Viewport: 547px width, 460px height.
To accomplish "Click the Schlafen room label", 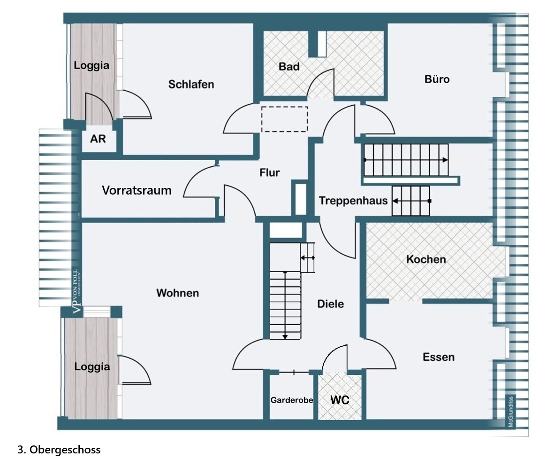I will [191, 85].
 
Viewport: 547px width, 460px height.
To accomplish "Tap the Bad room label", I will [289, 67].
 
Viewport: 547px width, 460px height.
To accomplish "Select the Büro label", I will [437, 79].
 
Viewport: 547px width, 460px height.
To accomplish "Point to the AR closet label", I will [98, 139].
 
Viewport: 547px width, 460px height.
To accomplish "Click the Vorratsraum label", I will [137, 191].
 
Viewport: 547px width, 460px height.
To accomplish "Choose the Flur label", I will [270, 173].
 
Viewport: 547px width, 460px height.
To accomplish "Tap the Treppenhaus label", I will [353, 201].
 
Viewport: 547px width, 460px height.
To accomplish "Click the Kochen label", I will [426, 259].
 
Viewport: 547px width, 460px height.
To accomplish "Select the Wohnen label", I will [177, 293].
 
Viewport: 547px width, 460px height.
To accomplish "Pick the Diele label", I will [330, 304].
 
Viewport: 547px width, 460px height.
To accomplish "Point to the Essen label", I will [439, 357].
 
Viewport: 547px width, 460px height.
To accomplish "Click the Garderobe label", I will [292, 400].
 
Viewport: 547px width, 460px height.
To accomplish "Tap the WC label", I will [340, 400].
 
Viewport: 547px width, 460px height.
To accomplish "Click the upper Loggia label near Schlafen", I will [91, 66].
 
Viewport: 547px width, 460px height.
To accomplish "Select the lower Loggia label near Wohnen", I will [92, 367].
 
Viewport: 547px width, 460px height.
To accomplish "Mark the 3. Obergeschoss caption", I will [59, 450].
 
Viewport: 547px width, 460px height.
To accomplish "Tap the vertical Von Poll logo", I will [76, 291].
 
